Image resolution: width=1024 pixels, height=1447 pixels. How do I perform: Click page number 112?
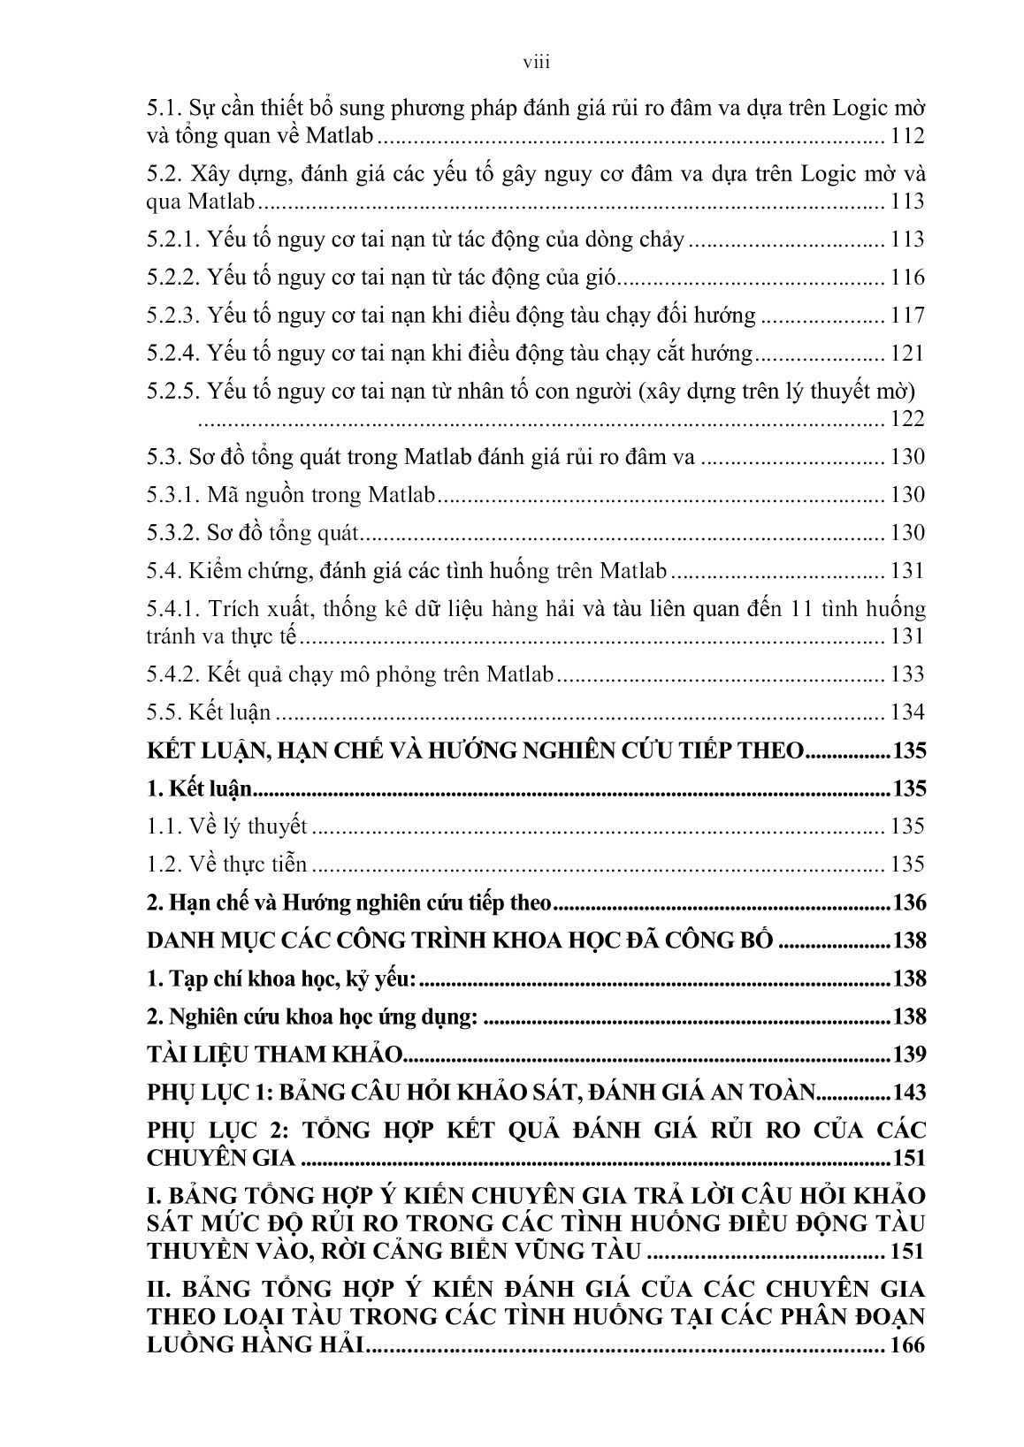[x=907, y=136]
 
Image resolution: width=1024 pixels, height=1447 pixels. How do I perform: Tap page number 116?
[x=907, y=278]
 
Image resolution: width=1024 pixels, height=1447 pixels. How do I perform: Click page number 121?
[x=907, y=354]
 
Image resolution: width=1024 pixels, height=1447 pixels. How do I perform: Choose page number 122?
[x=907, y=418]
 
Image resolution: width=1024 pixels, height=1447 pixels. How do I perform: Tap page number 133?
[x=907, y=674]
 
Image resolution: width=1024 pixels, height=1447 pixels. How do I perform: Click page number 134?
[x=907, y=712]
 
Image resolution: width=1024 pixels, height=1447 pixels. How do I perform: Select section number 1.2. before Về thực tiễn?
[x=164, y=864]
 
